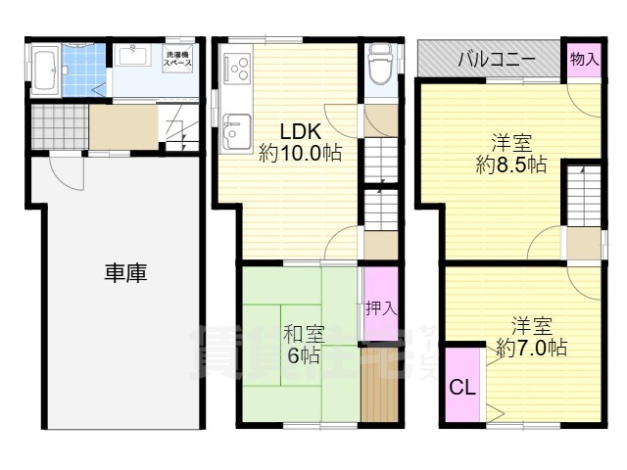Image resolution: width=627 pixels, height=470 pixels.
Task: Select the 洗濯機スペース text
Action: coord(177,59)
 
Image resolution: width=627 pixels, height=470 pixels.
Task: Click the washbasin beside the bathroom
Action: coord(135,55)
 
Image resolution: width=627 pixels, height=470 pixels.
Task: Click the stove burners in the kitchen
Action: coord(236,67)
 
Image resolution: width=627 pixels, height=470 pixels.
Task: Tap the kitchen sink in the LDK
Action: coord(236,128)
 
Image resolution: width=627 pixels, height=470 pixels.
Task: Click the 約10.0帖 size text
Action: coord(300,154)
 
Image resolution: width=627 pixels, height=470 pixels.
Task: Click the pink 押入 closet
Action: coord(380,305)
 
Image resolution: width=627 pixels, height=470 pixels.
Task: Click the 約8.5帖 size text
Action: coord(510,165)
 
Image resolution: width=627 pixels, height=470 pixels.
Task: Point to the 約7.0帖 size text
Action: coord(531,347)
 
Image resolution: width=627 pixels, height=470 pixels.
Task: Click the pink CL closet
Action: coord(462,386)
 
